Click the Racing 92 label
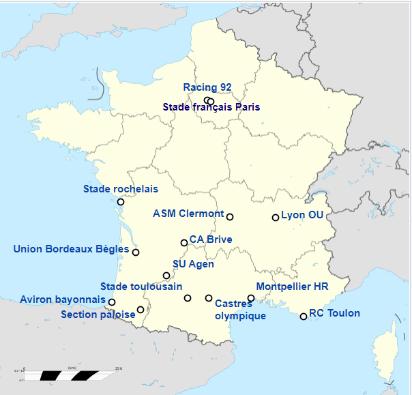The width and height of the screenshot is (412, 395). [x=207, y=87]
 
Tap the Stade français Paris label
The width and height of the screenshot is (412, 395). [x=211, y=107]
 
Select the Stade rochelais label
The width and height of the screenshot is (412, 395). [x=120, y=189]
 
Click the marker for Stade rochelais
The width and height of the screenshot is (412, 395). [x=121, y=202]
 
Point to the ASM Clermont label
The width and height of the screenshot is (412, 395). [x=188, y=214]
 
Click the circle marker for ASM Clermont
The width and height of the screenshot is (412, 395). [x=230, y=217]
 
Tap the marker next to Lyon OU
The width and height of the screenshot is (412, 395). [x=276, y=218]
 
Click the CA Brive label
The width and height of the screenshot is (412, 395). [x=211, y=239]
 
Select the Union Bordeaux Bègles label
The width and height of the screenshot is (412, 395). [x=71, y=249]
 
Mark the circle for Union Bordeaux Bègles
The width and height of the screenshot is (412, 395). [x=136, y=252]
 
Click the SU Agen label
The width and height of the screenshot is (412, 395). [x=193, y=264]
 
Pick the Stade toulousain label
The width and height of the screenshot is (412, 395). [x=141, y=287]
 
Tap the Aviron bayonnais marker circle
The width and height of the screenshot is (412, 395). [x=112, y=302]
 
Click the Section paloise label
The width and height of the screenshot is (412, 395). [x=98, y=314]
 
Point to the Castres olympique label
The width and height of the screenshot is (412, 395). [x=240, y=309]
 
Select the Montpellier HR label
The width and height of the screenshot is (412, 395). [x=292, y=287]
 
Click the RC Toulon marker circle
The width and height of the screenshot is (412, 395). [x=304, y=316]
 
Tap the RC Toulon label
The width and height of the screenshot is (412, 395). [x=334, y=314]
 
